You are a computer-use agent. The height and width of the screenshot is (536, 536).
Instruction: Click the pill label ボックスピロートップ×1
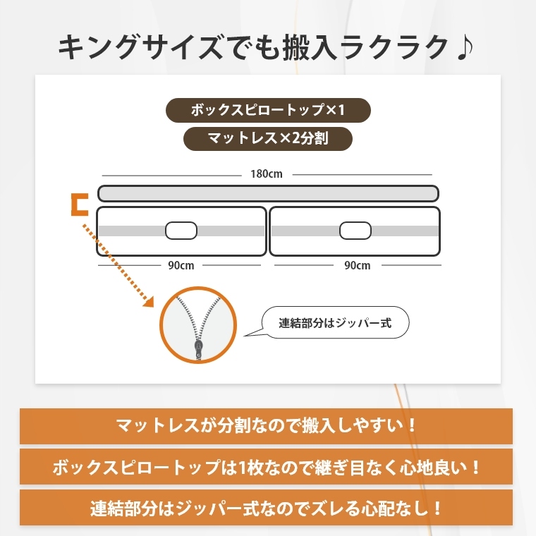(x=267, y=111)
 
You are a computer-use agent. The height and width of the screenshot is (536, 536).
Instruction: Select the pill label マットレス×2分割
(x=267, y=138)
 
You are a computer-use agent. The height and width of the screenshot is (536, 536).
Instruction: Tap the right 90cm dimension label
(x=357, y=266)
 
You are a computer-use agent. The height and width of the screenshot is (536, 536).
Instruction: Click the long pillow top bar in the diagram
(x=268, y=193)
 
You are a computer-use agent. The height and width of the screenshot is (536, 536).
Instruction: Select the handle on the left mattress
(x=181, y=231)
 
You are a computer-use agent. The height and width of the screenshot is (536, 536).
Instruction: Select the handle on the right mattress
(x=355, y=231)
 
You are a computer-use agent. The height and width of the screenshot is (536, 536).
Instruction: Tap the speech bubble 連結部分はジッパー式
(x=335, y=324)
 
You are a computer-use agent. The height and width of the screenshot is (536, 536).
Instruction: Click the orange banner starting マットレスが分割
(x=267, y=426)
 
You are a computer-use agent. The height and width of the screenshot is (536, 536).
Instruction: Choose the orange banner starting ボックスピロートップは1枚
(x=267, y=467)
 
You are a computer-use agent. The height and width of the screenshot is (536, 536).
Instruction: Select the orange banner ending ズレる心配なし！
(x=267, y=508)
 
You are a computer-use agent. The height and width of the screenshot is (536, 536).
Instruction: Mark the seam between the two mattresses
(x=268, y=231)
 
